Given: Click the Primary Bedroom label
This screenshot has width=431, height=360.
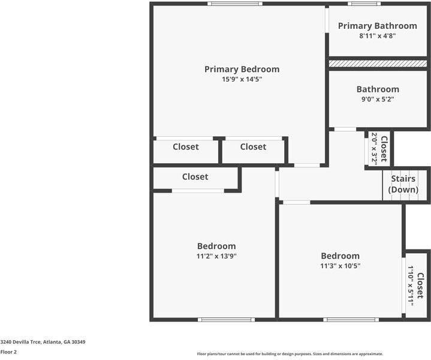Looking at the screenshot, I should tap(242, 69).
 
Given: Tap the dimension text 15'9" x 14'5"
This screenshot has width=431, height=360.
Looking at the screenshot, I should tap(242, 79).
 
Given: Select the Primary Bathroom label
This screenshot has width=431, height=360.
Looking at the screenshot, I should tap(377, 26).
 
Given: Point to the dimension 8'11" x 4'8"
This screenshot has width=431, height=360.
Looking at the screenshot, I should tap(377, 36).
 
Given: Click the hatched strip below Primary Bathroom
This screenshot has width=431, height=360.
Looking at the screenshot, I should tap(378, 63).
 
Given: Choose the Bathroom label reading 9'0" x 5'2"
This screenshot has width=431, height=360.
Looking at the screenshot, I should tap(378, 94).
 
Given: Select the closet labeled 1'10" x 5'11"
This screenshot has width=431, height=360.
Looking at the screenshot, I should tap(415, 284).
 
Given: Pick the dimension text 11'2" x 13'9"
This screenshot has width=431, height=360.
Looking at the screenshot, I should tap(216, 256).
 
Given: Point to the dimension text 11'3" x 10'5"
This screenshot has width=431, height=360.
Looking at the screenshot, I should tap(340, 266).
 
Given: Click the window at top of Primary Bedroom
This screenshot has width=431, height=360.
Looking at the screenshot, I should tap(234, 4).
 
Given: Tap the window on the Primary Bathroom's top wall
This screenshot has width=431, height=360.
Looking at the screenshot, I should tap(364, 4).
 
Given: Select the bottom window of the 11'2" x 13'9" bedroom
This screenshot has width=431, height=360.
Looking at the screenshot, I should tap(219, 319).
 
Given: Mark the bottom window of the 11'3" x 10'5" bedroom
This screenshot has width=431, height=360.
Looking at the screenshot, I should tap(342, 319).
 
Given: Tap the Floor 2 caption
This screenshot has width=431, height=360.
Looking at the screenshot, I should tap(8, 352).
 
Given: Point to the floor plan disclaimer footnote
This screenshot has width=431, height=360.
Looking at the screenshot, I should tap(290, 354).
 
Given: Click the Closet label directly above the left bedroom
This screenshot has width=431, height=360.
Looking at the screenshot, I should tap(195, 176).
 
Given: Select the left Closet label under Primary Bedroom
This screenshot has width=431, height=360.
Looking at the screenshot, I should tap(186, 146).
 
